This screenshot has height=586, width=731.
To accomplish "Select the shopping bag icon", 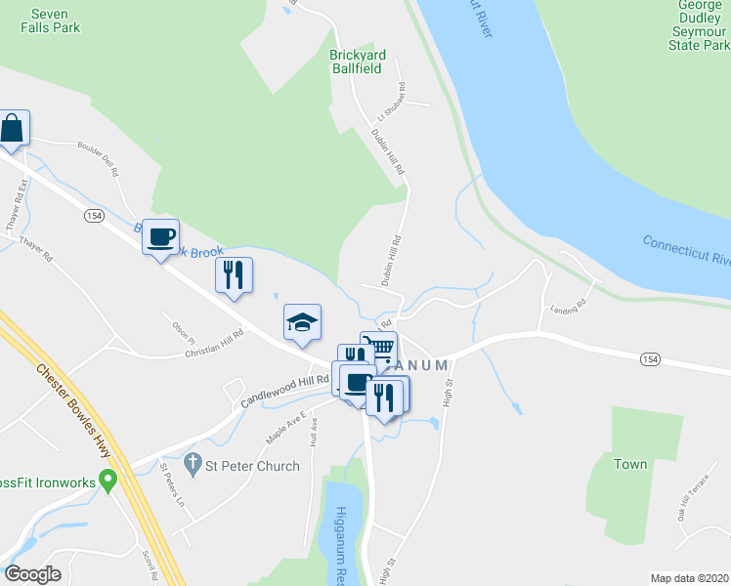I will pyautogui.click(x=12, y=128).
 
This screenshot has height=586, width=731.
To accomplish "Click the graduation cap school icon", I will pyautogui.click(x=303, y=322).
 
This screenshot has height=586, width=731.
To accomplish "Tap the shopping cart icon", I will pyautogui.click(x=379, y=348).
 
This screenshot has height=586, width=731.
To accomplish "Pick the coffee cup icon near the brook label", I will pyautogui.click(x=161, y=235).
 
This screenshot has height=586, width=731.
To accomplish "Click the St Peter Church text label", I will pyautogui.click(x=252, y=466).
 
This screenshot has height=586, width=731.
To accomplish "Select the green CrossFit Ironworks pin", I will pyautogui.click(x=108, y=480).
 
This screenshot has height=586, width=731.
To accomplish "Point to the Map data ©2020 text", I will pyautogui.click(x=689, y=578).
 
